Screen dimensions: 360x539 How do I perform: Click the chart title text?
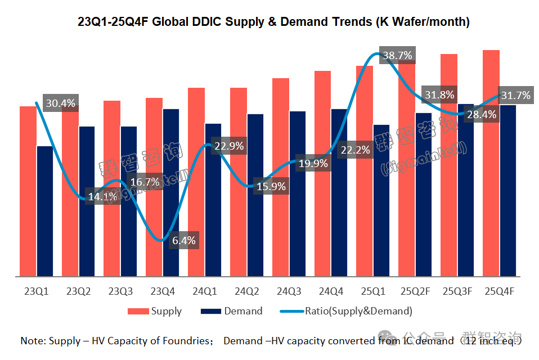[273, 22]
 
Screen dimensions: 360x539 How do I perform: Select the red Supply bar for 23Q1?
[28, 191]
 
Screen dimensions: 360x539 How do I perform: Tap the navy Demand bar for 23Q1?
[44, 211]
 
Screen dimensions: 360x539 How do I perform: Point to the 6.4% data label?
[183, 241]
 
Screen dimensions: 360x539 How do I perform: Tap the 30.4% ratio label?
[60, 103]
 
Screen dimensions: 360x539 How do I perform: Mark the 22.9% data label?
[229, 146]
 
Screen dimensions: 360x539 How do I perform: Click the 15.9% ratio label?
[271, 186]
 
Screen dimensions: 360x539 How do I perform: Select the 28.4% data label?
[482, 115]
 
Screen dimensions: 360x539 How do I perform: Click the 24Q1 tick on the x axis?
[204, 291]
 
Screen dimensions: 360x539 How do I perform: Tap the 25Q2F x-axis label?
[416, 291]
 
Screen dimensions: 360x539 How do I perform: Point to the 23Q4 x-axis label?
[162, 291]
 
